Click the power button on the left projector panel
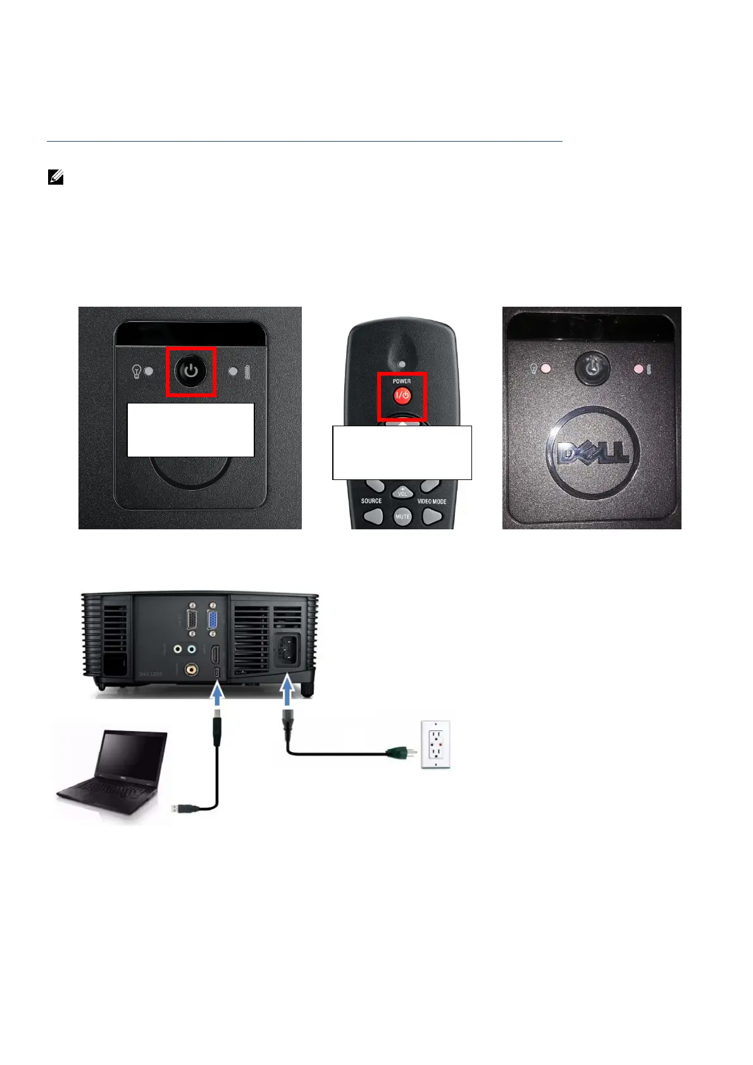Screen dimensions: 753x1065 [191, 372]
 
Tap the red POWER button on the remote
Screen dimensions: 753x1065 [402, 396]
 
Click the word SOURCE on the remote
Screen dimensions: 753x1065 [371, 501]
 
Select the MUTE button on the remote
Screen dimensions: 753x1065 [402, 516]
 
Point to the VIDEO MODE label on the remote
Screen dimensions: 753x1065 [432, 502]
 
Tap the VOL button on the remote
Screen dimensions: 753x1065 [402, 492]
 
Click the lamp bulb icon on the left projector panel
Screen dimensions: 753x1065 [136, 371]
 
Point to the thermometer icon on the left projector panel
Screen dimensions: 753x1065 [246, 372]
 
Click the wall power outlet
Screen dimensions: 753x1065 [437, 744]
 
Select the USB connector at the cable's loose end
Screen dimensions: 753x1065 [181, 808]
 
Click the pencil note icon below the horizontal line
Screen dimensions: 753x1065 [56, 178]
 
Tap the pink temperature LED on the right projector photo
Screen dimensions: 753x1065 [639, 368]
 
